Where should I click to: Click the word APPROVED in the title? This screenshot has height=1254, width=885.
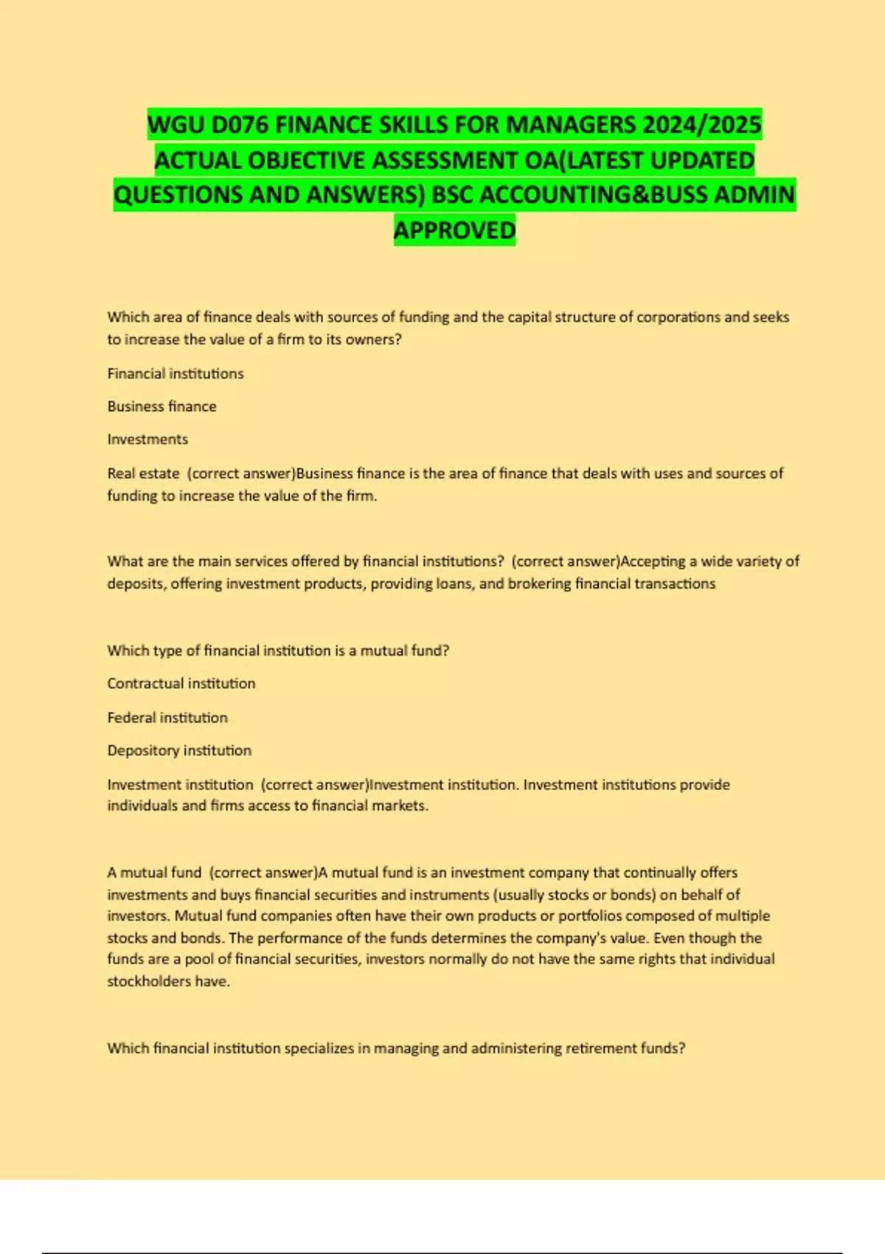click(454, 230)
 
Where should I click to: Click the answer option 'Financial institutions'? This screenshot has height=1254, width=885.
click(176, 374)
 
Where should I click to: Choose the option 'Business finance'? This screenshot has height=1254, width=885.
click(162, 406)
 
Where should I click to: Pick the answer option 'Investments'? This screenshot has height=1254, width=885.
click(147, 440)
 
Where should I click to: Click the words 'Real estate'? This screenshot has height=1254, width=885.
click(143, 474)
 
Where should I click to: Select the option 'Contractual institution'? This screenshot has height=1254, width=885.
click(181, 684)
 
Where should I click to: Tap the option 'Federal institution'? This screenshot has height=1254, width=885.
click(167, 718)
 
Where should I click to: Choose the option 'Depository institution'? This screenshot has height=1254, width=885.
click(179, 751)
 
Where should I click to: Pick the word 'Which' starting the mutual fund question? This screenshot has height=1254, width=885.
click(128, 651)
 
